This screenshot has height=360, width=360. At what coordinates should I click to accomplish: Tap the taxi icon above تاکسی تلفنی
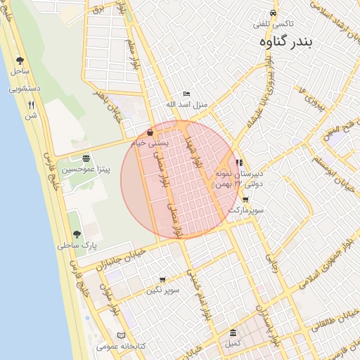coord(273,13)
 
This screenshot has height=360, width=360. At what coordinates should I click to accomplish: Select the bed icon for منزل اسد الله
coord(186,94)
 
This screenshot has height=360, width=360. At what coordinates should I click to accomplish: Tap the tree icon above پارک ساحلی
coord(77,235)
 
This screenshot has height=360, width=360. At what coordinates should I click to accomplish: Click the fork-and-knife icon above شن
coord(31,105)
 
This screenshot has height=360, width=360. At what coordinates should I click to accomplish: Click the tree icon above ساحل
coord(19,60)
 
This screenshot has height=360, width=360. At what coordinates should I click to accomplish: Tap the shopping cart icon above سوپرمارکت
coord(245,199)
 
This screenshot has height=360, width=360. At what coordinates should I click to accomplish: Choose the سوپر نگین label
coord(163,290)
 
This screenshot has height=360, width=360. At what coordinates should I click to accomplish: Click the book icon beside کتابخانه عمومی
coord(122,335)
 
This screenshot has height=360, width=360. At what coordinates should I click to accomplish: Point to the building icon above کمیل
coord(233,333)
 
